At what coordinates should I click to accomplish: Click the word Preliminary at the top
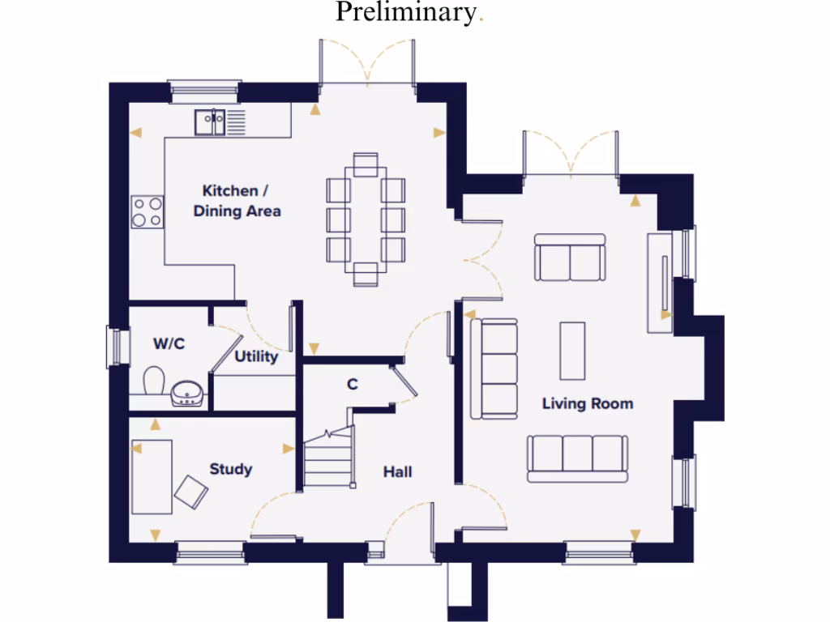405,13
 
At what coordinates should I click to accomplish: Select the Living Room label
588,403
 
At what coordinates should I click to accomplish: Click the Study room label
231,469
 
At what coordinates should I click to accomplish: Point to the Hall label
397,471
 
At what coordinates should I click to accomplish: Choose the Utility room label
256,356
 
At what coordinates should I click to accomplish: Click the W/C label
169,344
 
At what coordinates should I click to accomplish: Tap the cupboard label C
353,384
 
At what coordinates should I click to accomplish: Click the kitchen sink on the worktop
210,122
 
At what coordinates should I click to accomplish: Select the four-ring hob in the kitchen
147,212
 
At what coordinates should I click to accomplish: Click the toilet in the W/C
154,381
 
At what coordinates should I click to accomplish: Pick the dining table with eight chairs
366,219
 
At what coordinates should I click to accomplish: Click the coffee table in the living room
572,350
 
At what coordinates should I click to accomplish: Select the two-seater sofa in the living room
570,257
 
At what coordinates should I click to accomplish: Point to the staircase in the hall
330,458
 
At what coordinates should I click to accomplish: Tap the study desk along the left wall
152,476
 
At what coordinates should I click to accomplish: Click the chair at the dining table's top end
366,164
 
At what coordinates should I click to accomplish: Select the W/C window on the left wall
118,346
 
